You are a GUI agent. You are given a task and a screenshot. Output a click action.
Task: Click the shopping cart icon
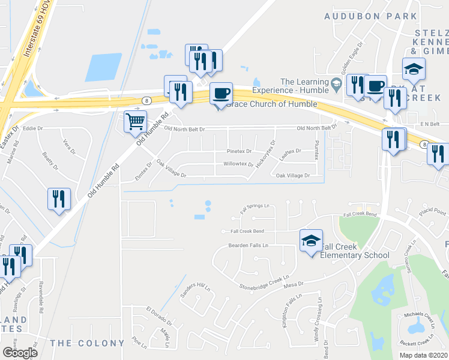point(135,122)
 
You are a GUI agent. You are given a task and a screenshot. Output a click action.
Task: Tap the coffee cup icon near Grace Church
point(221,93)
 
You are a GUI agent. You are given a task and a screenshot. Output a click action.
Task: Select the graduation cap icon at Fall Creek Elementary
point(311,241)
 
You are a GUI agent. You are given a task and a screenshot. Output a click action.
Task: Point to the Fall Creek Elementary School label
point(355,251)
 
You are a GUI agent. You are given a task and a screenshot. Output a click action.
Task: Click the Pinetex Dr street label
point(239,151)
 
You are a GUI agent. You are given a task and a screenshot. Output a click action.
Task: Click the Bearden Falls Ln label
point(247,245)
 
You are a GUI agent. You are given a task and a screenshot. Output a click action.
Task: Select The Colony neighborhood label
point(87,343)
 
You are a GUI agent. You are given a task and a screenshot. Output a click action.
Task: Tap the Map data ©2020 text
point(423,355)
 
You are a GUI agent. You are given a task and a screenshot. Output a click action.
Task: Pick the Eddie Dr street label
point(33,128)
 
